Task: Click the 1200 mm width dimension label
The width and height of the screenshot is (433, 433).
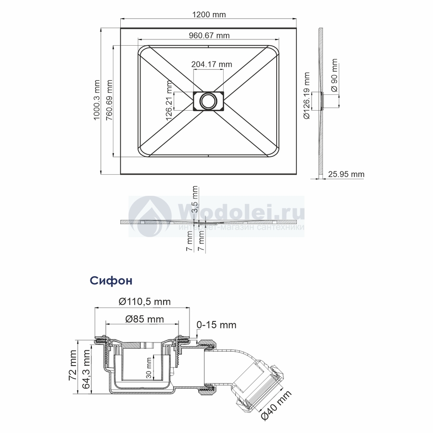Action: coord(209,14)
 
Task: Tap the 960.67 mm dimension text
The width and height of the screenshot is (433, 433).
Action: coord(209,35)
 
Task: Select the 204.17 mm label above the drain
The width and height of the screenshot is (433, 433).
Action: coord(212,64)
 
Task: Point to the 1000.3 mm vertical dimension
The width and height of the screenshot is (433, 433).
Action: coord(97,100)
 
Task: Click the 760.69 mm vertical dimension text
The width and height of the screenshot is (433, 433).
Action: coord(110,100)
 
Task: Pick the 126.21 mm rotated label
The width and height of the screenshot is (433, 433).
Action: coord(169,101)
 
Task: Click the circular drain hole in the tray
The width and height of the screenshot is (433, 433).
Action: coord(208,102)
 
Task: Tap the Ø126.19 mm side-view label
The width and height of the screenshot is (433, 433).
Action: coord(306,96)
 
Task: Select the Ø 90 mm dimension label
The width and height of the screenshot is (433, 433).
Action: coord(334,75)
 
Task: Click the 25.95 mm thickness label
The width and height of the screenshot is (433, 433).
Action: coord(346,174)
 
